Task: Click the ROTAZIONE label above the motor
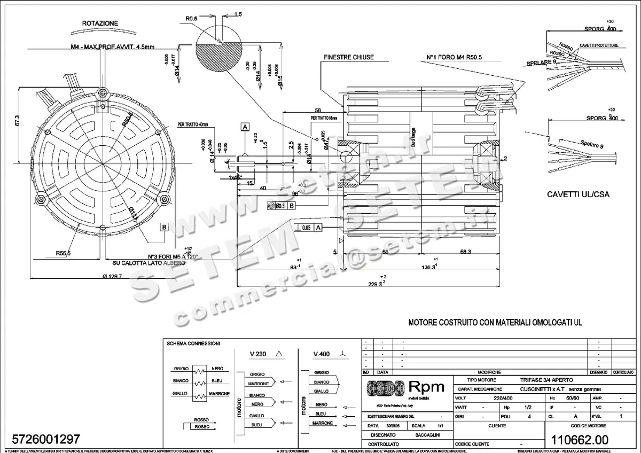tap(100, 24)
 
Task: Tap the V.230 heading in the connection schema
tap(261, 354)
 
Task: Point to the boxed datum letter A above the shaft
tap(245, 127)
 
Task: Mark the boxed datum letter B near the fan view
tap(165, 227)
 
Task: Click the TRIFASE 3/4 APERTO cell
tap(546, 379)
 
